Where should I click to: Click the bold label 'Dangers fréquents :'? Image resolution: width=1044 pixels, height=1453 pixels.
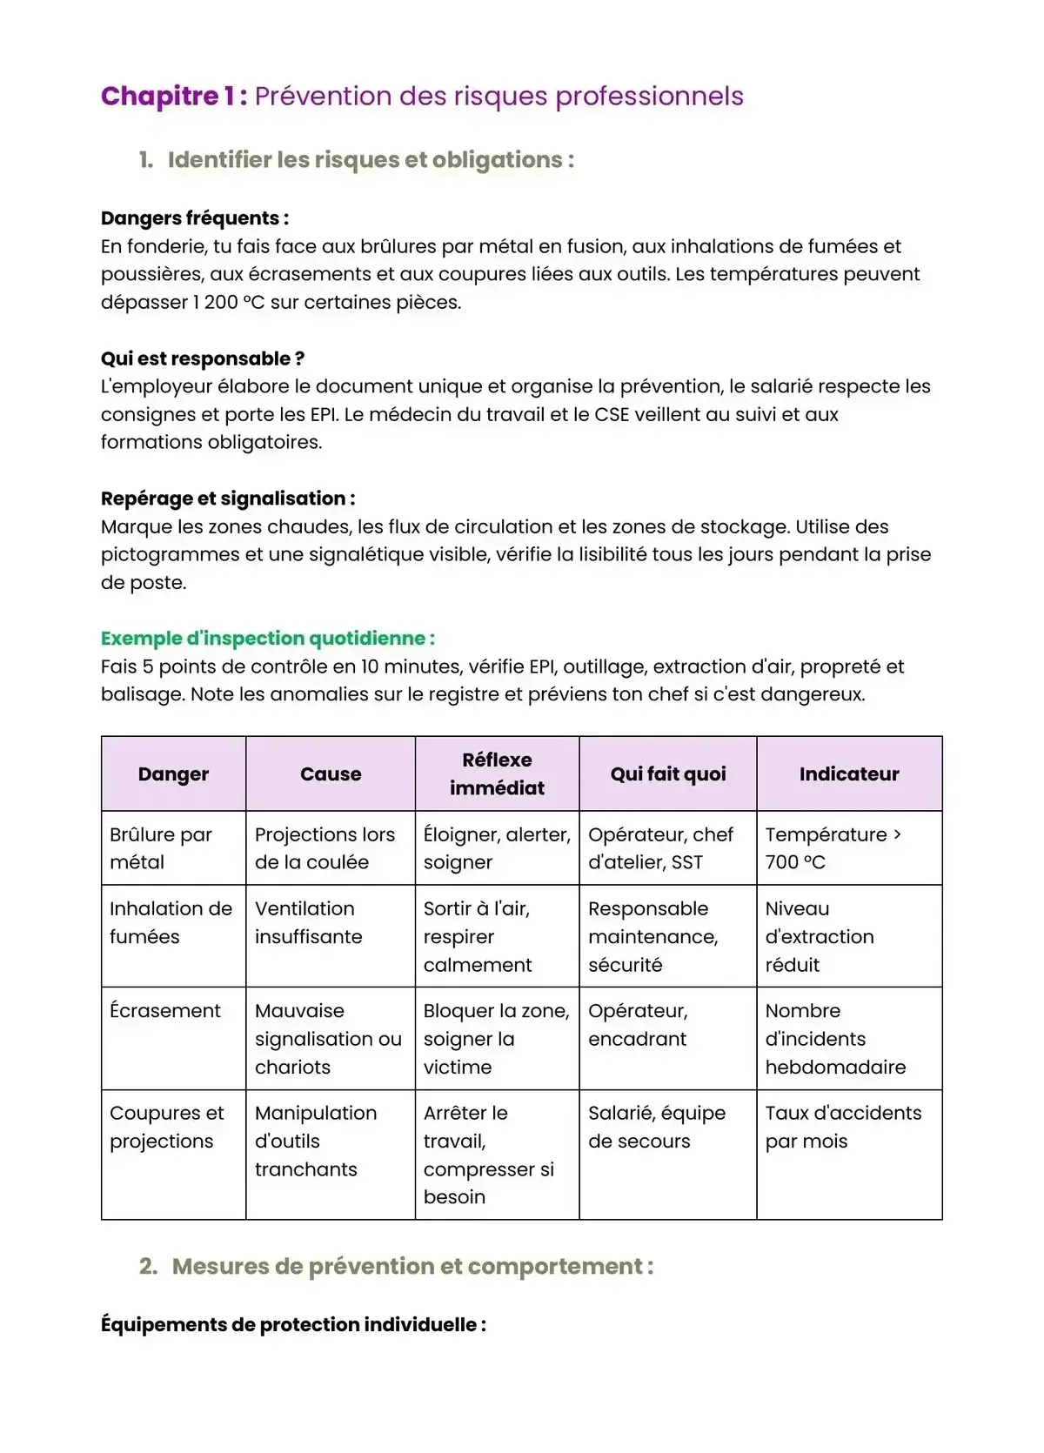point(195,218)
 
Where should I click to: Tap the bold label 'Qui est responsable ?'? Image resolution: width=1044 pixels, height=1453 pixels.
point(202,358)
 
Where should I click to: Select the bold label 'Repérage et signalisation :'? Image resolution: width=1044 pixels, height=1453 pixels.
point(228,499)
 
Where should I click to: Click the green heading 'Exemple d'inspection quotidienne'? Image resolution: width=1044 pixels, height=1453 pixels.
point(267,639)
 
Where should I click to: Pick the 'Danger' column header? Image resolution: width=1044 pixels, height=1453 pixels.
point(173,774)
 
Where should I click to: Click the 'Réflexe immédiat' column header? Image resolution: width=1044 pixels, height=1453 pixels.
point(497,773)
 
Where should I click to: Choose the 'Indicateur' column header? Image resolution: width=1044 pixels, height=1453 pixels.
point(849,774)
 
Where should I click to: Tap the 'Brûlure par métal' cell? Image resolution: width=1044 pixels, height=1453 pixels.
point(161,848)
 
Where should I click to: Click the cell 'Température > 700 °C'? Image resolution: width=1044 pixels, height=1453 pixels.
point(833,848)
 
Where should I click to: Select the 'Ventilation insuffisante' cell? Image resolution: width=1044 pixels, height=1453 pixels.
point(308,922)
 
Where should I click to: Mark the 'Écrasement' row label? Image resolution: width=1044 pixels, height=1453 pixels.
point(165,1011)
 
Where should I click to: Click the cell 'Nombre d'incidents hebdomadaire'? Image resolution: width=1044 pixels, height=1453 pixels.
point(834,1039)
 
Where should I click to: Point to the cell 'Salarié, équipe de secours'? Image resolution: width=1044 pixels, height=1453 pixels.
point(656,1127)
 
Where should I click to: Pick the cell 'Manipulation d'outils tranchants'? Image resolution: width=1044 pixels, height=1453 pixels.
point(315,1141)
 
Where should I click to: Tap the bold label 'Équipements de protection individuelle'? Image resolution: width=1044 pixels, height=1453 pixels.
point(293,1325)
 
